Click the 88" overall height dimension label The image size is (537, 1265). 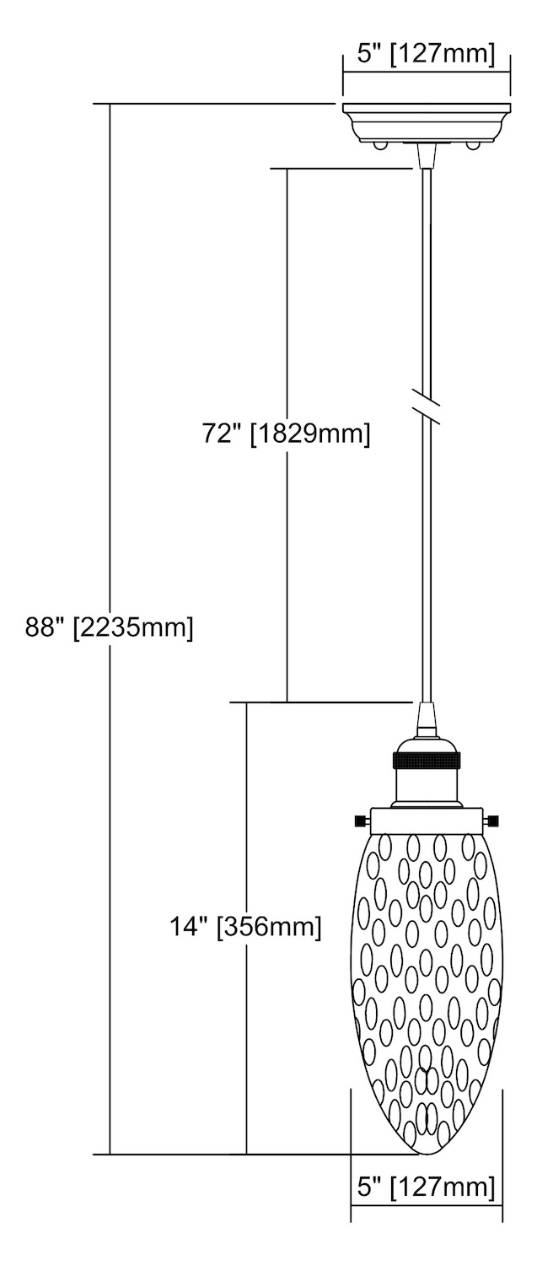110,627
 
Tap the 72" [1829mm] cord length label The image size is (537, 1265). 287,433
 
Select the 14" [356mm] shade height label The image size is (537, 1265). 245,927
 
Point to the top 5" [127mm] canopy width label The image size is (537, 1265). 427,54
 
